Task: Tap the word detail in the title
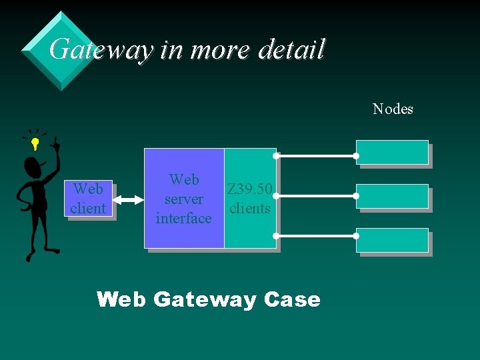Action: coord(291,49)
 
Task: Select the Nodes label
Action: coord(393,109)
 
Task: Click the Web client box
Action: coord(88,199)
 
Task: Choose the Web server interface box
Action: coord(184,198)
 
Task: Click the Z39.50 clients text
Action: coord(249,199)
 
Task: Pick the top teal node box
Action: coord(392,152)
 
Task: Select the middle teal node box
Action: coord(392,197)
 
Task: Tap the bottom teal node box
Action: coord(392,240)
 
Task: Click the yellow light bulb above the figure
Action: coord(35,142)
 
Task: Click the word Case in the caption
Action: coord(292,300)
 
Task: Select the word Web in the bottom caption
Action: coord(121,300)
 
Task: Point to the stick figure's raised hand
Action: coord(55,143)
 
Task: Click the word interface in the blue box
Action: coord(183,218)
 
